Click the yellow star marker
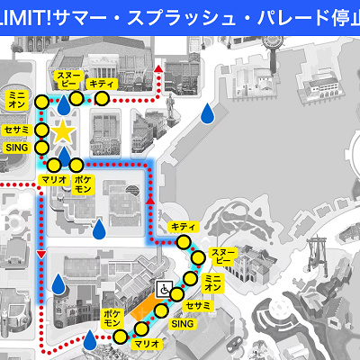(62, 132)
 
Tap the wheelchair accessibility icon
(166, 290)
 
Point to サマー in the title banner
(88, 14)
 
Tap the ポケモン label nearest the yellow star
(82, 185)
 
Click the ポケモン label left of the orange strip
(112, 323)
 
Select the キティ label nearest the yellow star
(112, 82)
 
